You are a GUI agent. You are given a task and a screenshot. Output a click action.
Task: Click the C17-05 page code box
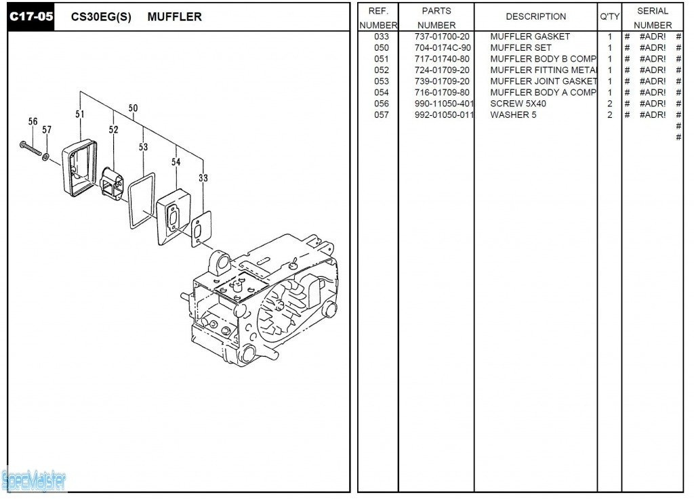click(30, 17)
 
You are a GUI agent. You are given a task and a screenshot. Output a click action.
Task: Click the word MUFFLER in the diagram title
click(174, 17)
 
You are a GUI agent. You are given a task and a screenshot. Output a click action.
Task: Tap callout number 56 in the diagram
click(33, 121)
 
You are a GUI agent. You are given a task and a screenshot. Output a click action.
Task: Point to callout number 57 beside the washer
click(47, 129)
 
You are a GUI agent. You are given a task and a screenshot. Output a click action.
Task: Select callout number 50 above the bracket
click(133, 108)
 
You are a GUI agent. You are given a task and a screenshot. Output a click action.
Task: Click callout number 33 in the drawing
click(203, 178)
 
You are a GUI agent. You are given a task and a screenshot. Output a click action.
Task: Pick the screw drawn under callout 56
click(30, 150)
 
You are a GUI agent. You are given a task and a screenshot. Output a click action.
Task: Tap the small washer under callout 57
click(46, 157)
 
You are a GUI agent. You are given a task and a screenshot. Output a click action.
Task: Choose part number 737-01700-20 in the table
click(442, 37)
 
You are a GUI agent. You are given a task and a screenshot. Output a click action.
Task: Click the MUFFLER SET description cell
click(520, 48)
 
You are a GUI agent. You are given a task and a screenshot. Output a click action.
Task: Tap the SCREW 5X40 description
click(518, 104)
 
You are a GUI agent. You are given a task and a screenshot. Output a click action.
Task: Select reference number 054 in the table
click(382, 93)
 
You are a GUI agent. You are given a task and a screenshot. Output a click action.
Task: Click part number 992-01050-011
click(445, 115)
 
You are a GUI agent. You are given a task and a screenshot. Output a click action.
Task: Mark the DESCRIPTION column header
click(535, 17)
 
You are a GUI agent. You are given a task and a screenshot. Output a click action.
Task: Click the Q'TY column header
click(609, 17)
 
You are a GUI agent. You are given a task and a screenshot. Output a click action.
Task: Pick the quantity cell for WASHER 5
click(609, 115)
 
